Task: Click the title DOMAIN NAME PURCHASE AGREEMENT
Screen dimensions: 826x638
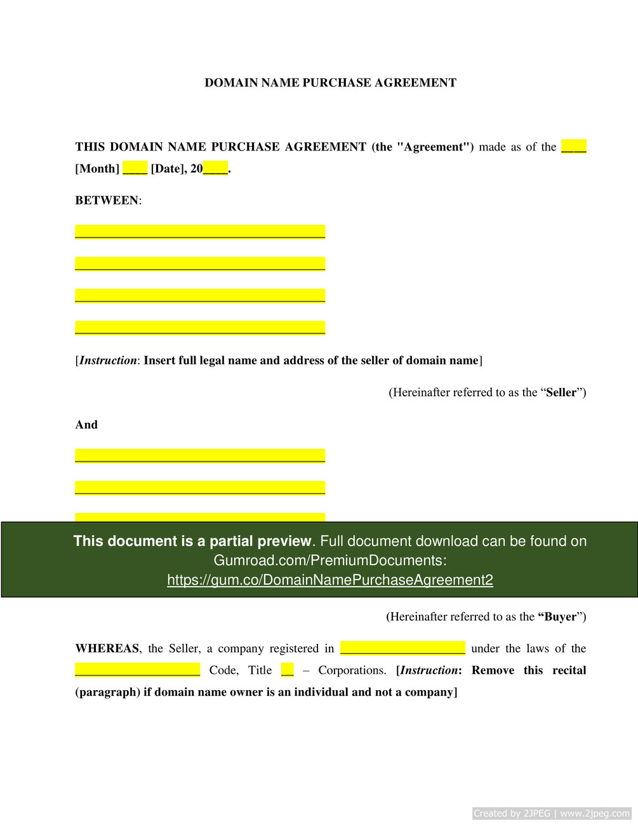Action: pyautogui.click(x=330, y=83)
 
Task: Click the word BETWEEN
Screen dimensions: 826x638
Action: pyautogui.click(x=107, y=201)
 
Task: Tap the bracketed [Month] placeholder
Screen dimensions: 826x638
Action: pyautogui.click(x=97, y=169)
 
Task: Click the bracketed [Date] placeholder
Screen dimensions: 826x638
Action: pyautogui.click(x=167, y=169)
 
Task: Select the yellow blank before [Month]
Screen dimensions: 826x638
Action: pyautogui.click(x=573, y=147)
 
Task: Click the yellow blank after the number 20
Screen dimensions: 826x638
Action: pyautogui.click(x=215, y=169)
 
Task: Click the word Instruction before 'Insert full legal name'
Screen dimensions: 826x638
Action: pyautogui.click(x=107, y=361)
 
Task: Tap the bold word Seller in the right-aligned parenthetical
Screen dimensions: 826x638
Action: pyautogui.click(x=561, y=392)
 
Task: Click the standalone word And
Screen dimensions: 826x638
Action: pyautogui.click(x=86, y=425)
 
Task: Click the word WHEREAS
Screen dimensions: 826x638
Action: pyautogui.click(x=107, y=649)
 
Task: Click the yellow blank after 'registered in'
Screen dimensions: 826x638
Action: pyautogui.click(x=402, y=648)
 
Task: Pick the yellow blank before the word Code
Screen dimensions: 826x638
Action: pyautogui.click(x=137, y=670)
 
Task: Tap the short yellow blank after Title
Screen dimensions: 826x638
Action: pyautogui.click(x=288, y=670)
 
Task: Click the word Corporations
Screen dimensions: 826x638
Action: pyautogui.click(x=352, y=670)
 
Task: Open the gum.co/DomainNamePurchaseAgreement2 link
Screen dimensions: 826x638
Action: pyautogui.click(x=330, y=580)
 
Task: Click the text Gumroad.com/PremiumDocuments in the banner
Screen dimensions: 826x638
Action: pyautogui.click(x=328, y=561)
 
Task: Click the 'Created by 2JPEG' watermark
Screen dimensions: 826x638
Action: pyautogui.click(x=551, y=813)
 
